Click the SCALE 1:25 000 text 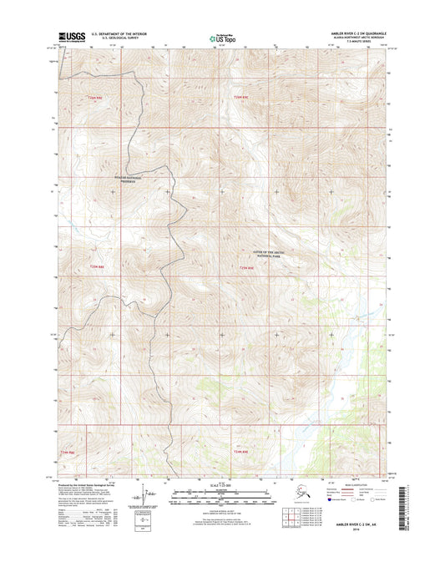[221, 487]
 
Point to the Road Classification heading [359, 483]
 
